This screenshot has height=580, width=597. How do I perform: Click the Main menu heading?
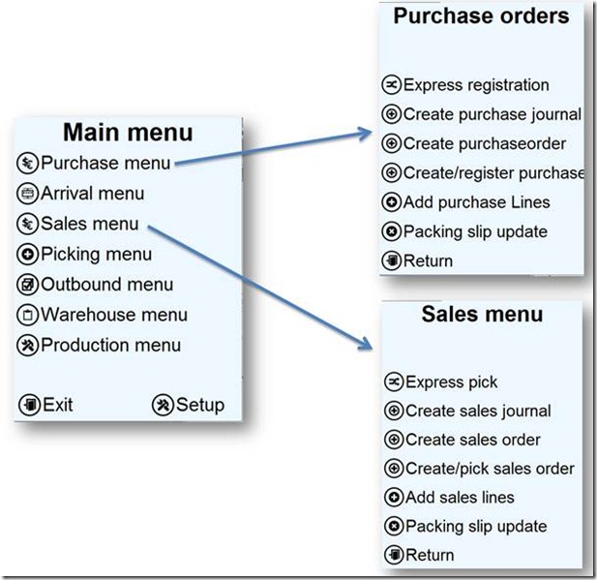pyautogui.click(x=128, y=133)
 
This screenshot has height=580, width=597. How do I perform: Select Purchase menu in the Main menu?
pyautogui.click(x=105, y=163)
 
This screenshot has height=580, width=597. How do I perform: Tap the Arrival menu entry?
pyautogui.click(x=92, y=194)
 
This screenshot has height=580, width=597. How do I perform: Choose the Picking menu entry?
pyautogui.click(x=96, y=254)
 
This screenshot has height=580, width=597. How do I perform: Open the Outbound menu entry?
pyautogui.click(x=106, y=284)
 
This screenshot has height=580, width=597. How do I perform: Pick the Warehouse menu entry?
pyautogui.click(x=113, y=315)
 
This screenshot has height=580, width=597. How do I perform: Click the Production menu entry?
pyautogui.click(x=110, y=345)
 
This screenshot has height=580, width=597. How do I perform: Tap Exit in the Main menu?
pyautogui.click(x=57, y=405)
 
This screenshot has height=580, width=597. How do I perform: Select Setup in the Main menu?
pyautogui.click(x=199, y=405)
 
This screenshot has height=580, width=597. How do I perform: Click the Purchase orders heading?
pyautogui.click(x=481, y=16)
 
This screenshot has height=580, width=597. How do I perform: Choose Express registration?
pyautogui.click(x=475, y=85)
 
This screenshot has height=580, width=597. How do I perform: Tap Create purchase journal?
pyautogui.click(x=492, y=114)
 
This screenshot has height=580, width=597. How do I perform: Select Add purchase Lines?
pyautogui.click(x=476, y=202)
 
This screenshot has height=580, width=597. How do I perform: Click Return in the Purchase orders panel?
pyautogui.click(x=428, y=260)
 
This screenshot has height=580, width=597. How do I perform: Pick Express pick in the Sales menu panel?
pyautogui.click(x=451, y=382)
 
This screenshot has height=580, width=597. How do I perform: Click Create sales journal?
pyautogui.click(x=478, y=411)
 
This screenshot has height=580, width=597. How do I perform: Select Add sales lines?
pyautogui.click(x=460, y=498)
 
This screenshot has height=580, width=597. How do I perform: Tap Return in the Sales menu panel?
pyautogui.click(x=429, y=555)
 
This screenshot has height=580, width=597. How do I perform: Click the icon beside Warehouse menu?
pyautogui.click(x=28, y=315)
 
